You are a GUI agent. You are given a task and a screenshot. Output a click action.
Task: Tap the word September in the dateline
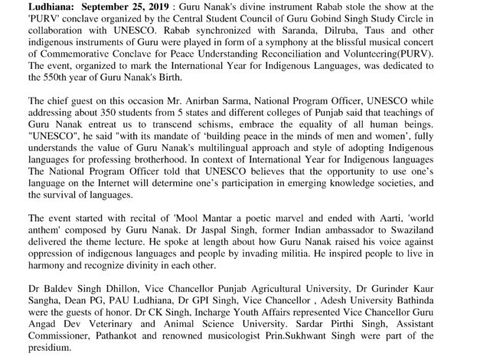pos(86,6)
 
